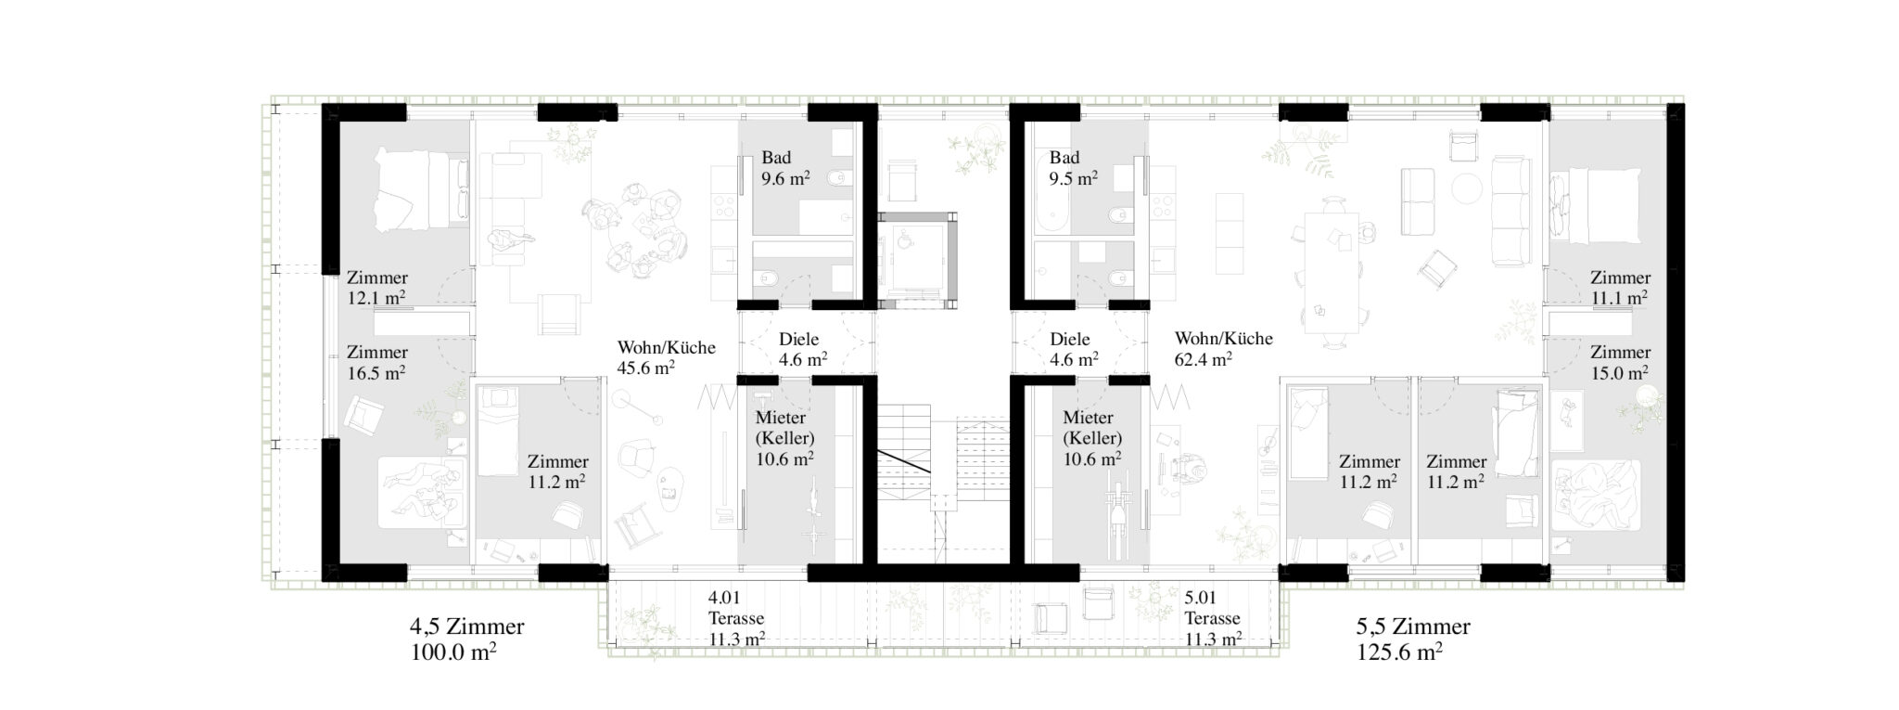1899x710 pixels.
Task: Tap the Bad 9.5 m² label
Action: click(1073, 168)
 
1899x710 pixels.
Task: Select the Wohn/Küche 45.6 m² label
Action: click(666, 357)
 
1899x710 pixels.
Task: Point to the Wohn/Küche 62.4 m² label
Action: click(1223, 349)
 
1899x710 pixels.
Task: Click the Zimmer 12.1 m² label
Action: click(377, 288)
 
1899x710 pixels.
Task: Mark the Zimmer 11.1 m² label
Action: click(1621, 288)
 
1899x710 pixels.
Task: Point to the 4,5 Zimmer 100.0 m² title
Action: click(466, 639)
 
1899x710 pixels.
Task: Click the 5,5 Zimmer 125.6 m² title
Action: click(1413, 639)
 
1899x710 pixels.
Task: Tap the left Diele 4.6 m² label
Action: click(803, 349)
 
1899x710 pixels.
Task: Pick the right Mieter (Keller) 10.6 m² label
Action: click(1092, 438)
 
